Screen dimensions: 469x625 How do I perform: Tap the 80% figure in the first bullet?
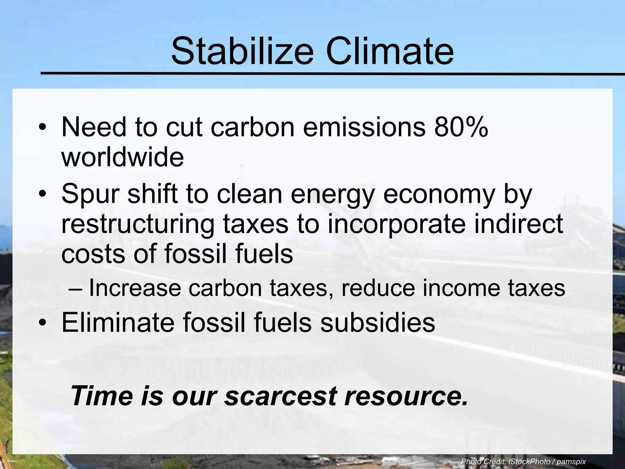pyautogui.click(x=461, y=127)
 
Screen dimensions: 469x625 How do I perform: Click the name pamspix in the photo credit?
pyautogui.click(x=571, y=461)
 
